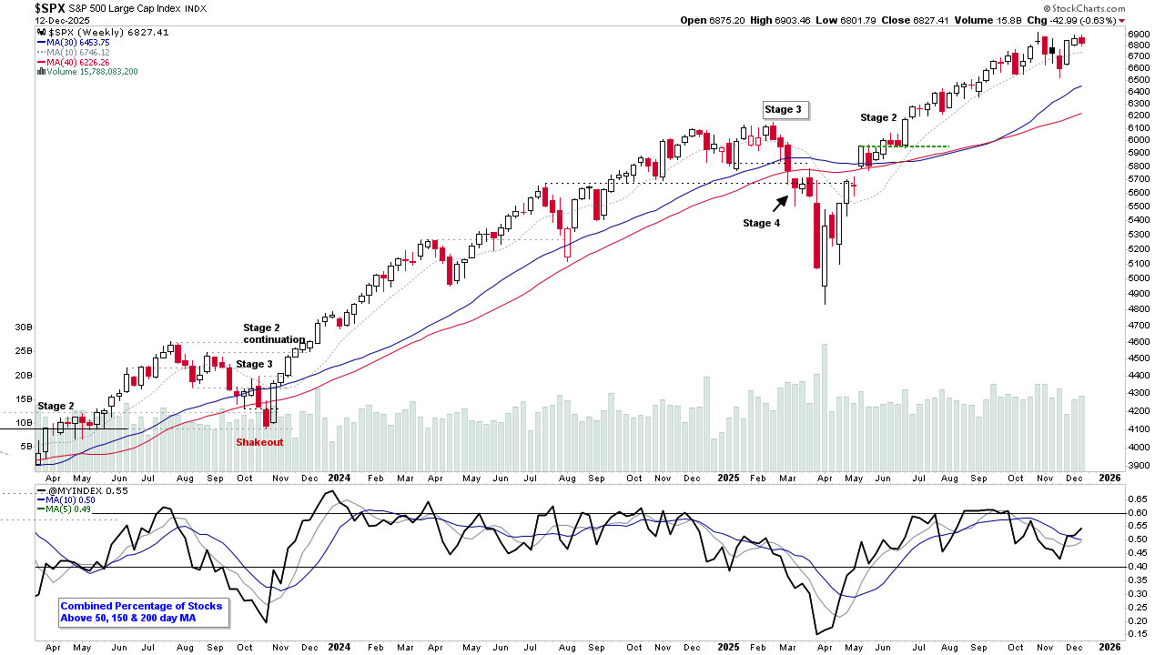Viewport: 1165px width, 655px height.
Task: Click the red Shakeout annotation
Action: pos(259,442)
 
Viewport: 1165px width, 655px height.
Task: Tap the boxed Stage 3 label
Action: pos(784,110)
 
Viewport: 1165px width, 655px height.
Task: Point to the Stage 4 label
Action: pos(761,223)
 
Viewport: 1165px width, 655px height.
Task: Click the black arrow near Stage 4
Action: pos(781,202)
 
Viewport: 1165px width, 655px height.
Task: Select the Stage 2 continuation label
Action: pos(273,334)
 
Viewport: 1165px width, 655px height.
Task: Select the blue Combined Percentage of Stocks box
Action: pos(141,612)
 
